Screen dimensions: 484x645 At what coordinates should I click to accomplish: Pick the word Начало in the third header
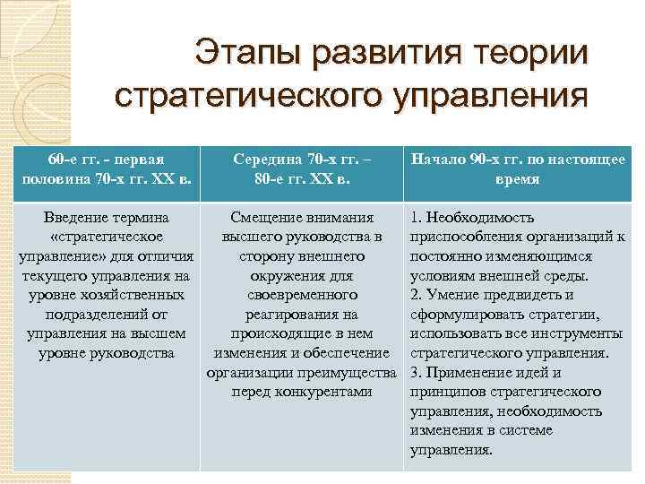438,161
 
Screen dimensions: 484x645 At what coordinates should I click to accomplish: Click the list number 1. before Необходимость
416,218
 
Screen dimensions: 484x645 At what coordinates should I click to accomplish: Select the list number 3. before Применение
416,372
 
